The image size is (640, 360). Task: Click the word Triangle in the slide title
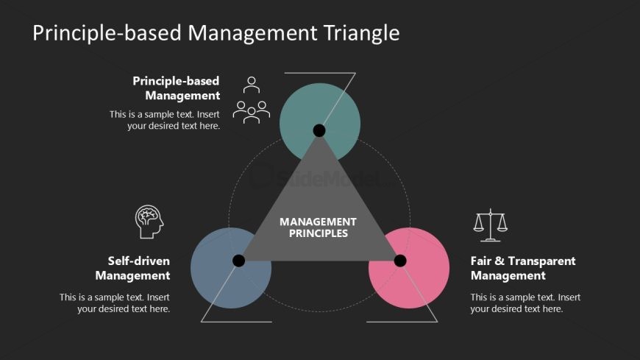pyautogui.click(x=361, y=33)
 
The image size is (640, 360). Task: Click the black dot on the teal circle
pyautogui.click(x=319, y=130)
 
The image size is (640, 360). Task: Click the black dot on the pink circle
pyautogui.click(x=400, y=261)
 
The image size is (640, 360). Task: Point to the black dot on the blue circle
pyautogui.click(x=238, y=261)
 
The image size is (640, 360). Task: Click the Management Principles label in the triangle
pyautogui.click(x=318, y=227)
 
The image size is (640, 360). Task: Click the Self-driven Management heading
pyautogui.click(x=133, y=268)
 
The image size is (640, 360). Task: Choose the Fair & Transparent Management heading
pyautogui.click(x=522, y=268)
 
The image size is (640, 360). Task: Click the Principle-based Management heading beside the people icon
pyautogui.click(x=176, y=88)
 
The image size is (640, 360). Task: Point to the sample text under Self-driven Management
pyautogui.click(x=115, y=303)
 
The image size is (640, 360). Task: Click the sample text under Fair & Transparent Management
pyautogui.click(x=525, y=303)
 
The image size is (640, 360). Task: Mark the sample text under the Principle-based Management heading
pyautogui.click(x=166, y=120)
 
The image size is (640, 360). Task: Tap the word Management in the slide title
pyautogui.click(x=253, y=33)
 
